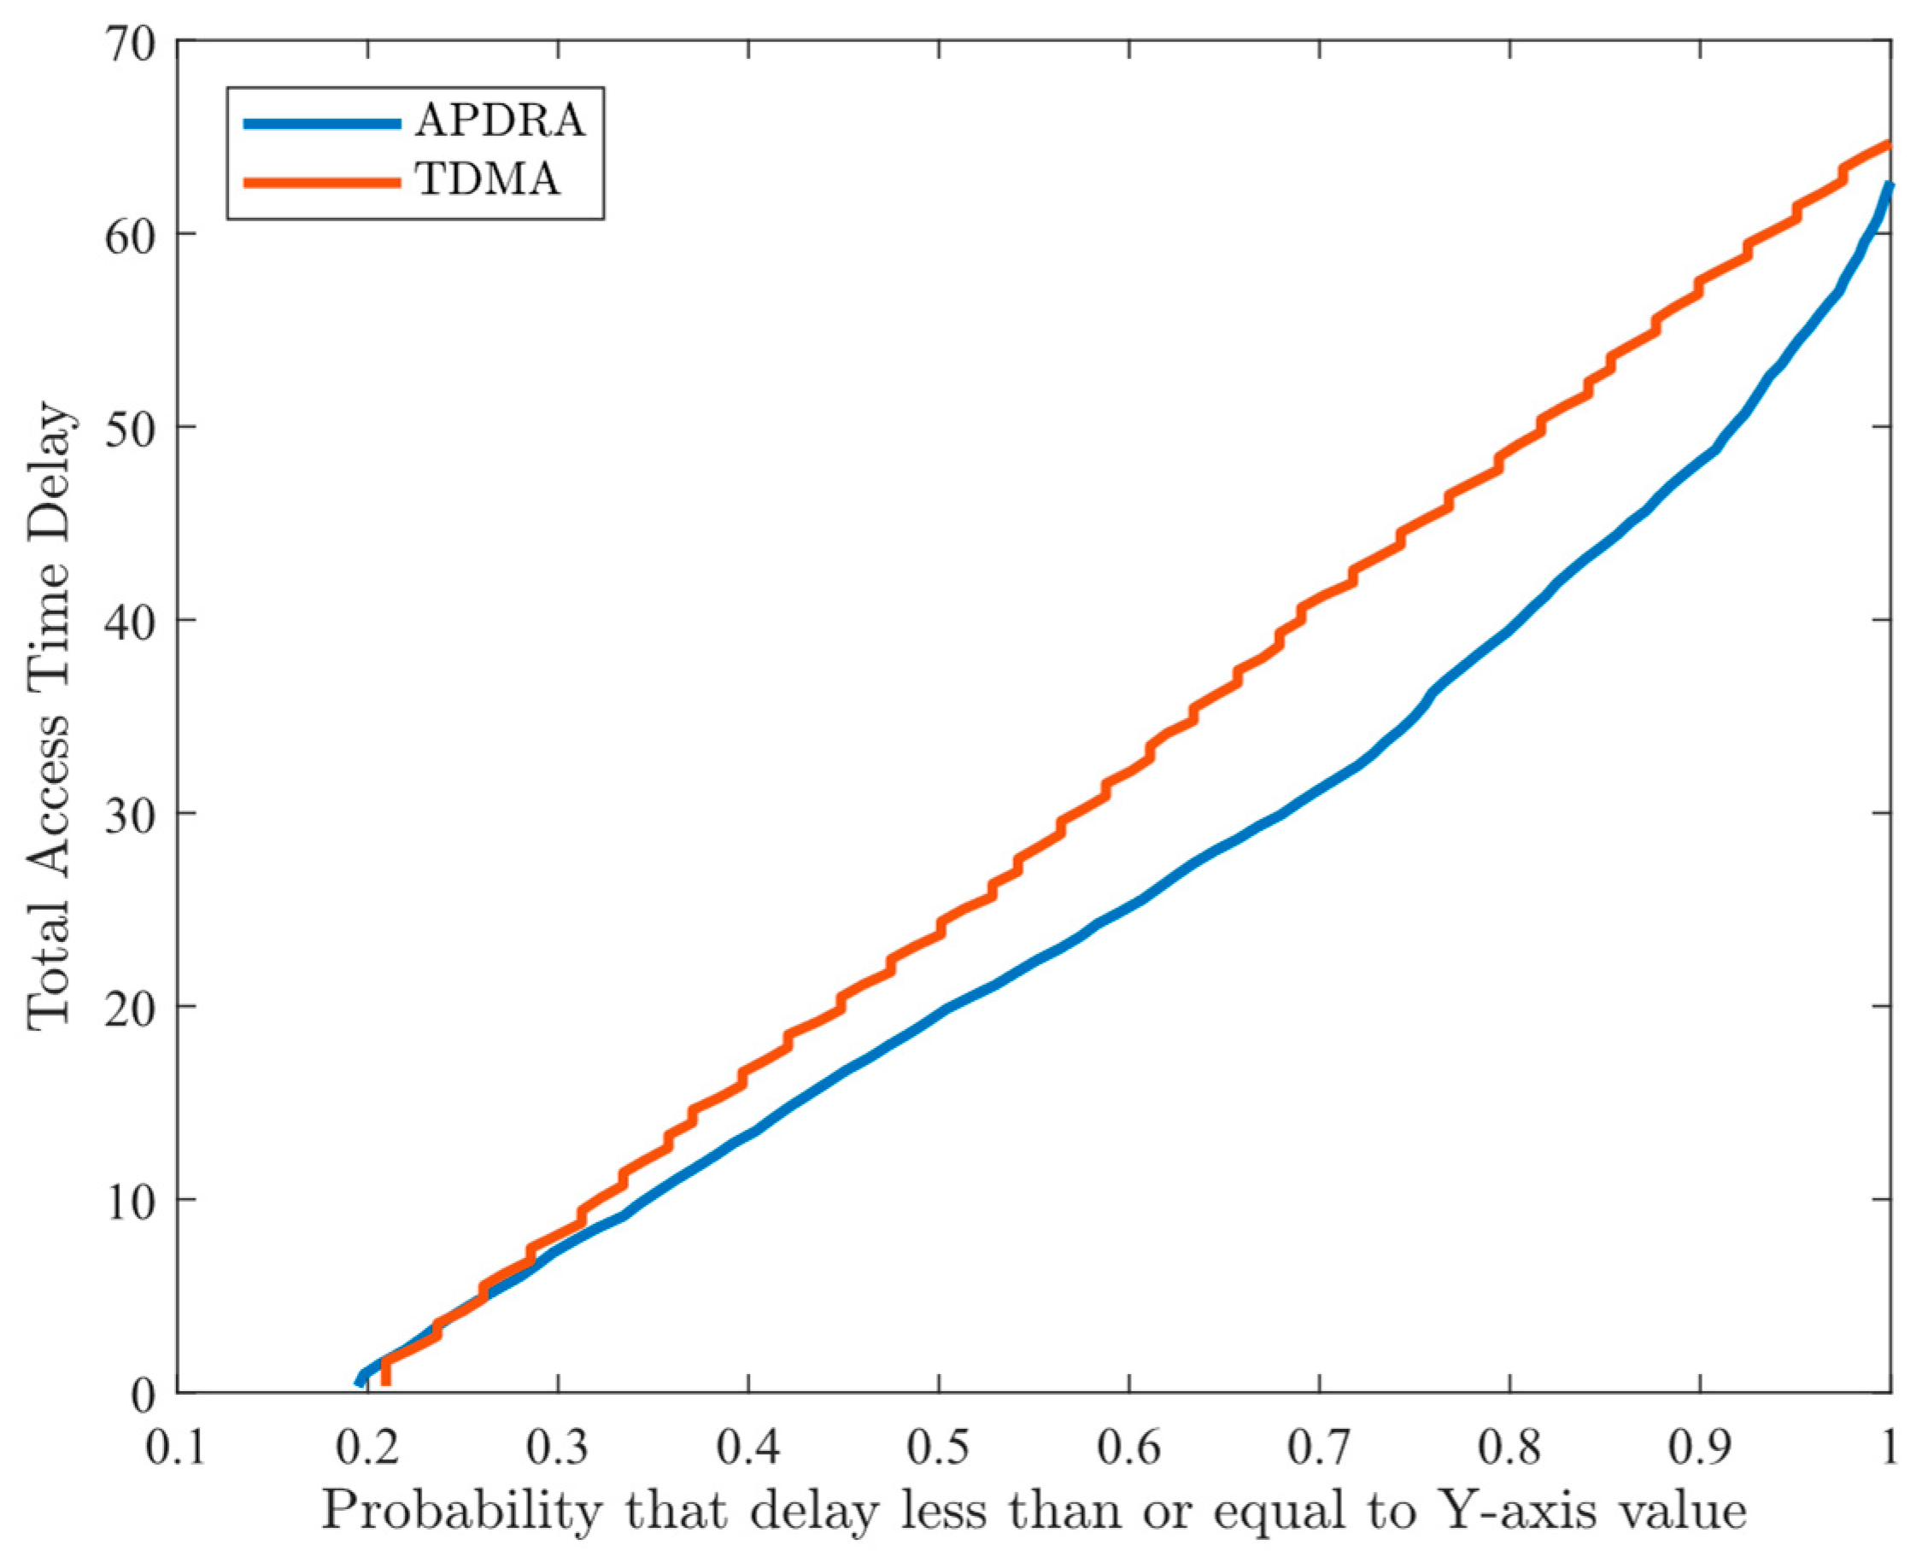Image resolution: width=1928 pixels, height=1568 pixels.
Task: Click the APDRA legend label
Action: point(500,121)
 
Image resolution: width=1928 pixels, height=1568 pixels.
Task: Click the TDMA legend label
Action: point(488,179)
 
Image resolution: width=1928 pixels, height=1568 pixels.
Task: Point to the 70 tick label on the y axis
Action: point(130,44)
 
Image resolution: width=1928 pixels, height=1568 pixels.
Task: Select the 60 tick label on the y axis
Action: point(130,235)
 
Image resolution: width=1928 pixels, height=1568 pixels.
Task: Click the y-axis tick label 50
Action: point(130,428)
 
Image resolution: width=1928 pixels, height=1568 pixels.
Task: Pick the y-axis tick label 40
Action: point(130,622)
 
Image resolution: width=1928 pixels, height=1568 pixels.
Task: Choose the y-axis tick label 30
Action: point(130,815)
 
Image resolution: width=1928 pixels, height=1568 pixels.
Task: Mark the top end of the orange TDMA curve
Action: point(1888,144)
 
